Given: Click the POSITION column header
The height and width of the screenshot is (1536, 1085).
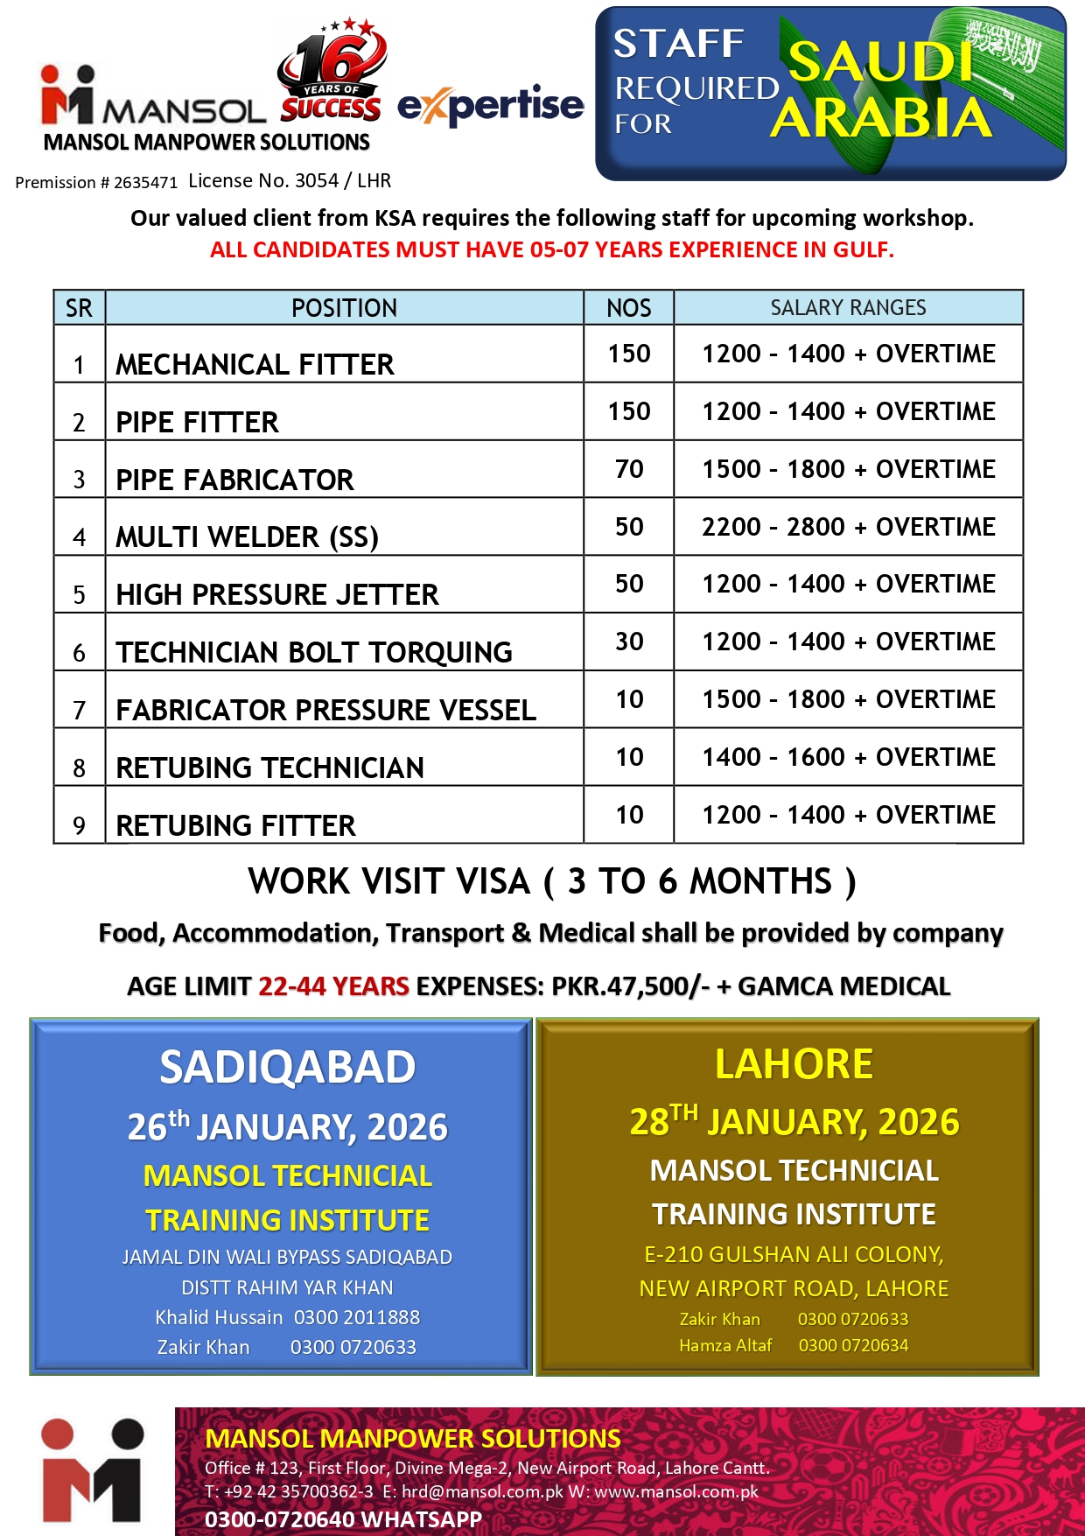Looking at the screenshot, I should (344, 308).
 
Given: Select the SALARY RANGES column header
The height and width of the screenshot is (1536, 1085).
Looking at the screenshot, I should (848, 308).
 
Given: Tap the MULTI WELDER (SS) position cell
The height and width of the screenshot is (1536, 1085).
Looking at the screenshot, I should (247, 537).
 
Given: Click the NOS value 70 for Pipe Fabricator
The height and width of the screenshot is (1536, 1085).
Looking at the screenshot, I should (629, 469).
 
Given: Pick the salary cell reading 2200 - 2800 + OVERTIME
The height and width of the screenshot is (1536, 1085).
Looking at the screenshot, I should (848, 527).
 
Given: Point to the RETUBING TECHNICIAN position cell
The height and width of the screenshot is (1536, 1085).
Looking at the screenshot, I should (269, 768).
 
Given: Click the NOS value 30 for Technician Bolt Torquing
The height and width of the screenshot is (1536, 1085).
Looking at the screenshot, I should (629, 642).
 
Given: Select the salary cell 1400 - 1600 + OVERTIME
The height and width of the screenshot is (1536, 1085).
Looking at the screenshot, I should (848, 757).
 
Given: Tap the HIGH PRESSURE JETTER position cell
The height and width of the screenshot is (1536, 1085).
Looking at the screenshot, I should (276, 595).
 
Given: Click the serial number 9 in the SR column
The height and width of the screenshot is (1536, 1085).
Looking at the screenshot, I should (79, 825).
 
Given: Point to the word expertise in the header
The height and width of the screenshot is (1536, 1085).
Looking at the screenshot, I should (491, 106).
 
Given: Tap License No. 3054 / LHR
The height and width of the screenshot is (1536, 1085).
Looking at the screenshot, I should (290, 181).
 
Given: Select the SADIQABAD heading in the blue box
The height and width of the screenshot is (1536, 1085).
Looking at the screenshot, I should (287, 1067).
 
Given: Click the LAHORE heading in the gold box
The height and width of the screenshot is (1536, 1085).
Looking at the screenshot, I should (794, 1064).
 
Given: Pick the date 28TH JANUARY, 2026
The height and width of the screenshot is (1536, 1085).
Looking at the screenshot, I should (794, 1121).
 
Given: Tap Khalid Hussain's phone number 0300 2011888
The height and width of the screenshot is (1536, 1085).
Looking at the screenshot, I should (356, 1317).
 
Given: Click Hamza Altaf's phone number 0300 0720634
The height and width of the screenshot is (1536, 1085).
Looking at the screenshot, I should (853, 1345).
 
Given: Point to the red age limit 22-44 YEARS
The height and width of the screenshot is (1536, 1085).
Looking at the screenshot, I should (333, 986).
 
